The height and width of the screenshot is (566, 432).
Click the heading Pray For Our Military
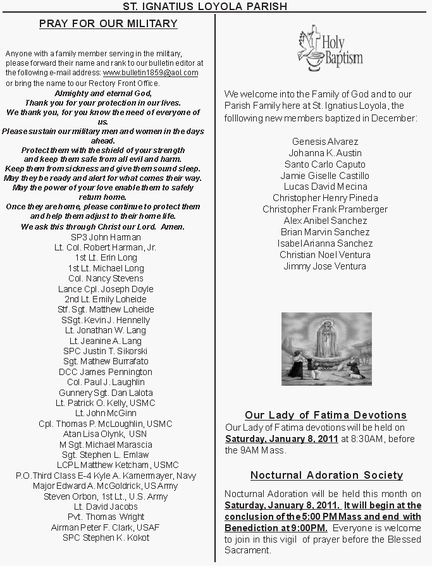pos(108,24)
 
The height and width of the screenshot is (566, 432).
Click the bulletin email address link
pos(151,73)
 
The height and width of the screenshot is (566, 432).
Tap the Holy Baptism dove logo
pos(330,48)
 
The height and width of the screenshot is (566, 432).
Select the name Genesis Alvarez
pos(325,142)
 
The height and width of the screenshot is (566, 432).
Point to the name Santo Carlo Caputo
pos(325,164)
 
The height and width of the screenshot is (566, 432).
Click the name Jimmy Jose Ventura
pos(325,266)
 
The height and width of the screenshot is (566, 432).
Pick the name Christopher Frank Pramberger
pos(325,209)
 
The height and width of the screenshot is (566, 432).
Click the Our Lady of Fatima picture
pos(326,348)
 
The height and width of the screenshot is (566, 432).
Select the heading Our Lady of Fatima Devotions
pos(325,415)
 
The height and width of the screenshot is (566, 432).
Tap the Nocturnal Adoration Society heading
pos(326,475)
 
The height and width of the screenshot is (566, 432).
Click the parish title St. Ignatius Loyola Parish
pos(214,6)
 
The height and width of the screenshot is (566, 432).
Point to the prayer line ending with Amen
pos(103,226)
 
